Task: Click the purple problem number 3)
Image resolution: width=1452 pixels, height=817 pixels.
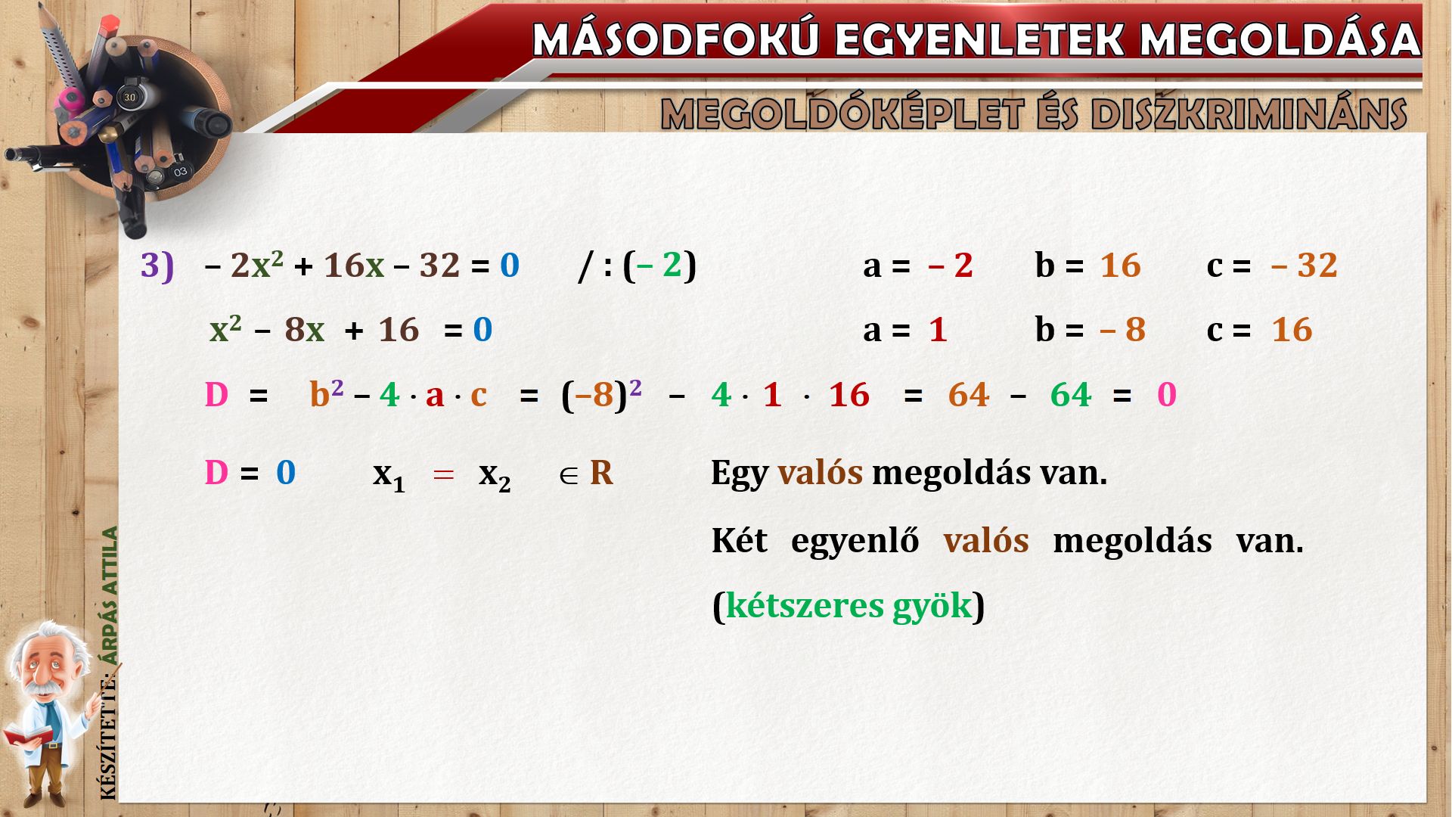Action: click(157, 266)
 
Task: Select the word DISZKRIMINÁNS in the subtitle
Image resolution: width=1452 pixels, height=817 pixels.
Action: click(1249, 114)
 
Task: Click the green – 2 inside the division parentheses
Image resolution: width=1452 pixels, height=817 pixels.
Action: click(659, 265)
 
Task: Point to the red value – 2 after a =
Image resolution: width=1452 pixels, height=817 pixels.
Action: click(951, 266)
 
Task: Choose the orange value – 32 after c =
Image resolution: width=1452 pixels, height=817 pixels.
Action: click(1305, 266)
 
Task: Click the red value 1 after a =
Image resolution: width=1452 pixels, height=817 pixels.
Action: click(938, 330)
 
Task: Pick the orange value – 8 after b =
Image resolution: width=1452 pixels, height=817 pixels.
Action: click(1123, 330)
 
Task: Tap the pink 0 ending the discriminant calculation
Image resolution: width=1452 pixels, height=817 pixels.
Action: click(1167, 395)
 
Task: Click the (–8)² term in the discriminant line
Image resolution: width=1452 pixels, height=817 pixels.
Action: click(601, 394)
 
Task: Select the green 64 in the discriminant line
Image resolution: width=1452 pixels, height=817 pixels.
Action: click(1071, 395)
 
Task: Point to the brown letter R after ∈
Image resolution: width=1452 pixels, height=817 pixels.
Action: click(601, 473)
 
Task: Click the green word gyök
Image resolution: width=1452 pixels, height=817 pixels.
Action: click(932, 606)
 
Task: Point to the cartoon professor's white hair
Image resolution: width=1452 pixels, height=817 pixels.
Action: click(45, 639)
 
